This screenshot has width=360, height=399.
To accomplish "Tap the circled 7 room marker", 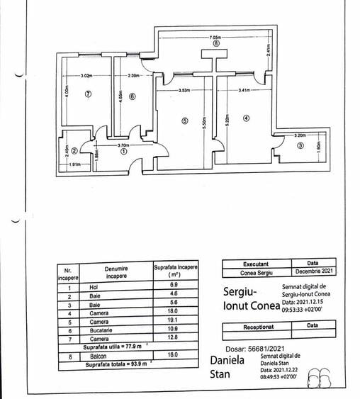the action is pos(89,95).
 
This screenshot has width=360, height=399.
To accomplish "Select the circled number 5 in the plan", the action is pos(185,121).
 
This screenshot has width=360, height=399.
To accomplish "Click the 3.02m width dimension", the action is pos(86,75).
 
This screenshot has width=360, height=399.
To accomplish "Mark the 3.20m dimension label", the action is pos(300,135).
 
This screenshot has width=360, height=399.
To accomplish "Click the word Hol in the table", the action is pos(94,286).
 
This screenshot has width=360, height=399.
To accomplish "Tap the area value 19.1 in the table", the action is pos(174,321).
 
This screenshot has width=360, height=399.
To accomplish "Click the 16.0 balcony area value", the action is pos(174,354).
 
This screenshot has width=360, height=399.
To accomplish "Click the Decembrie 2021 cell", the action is pos(313,271).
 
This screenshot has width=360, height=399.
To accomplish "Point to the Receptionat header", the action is pos(257,327).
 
